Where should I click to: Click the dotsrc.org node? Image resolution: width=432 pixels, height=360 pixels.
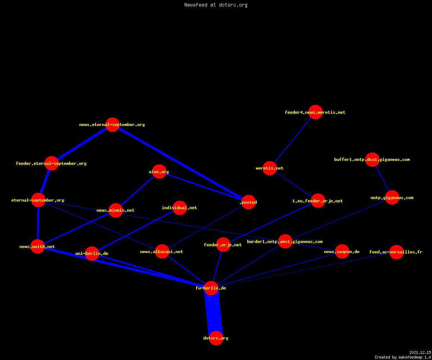click(216, 338)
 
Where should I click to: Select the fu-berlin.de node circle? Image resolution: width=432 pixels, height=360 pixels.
click(211, 288)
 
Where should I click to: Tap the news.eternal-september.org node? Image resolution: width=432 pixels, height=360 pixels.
click(112, 125)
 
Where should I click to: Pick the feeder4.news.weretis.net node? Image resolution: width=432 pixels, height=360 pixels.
click(315, 112)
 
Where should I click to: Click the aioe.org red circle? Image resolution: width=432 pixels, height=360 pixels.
click(159, 171)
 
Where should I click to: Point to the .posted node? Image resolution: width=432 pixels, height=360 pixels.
click(248, 202)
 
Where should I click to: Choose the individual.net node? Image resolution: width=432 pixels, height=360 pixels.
click(180, 208)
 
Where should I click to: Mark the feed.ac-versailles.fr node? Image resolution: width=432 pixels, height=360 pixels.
click(396, 252)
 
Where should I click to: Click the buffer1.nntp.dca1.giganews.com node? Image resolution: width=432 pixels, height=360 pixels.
click(372, 159)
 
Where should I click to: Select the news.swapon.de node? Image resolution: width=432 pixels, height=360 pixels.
click(342, 251)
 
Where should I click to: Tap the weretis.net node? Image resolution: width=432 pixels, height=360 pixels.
click(270, 168)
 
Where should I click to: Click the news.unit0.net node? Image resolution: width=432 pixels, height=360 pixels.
click(38, 246)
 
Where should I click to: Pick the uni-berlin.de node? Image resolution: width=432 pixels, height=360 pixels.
click(92, 253)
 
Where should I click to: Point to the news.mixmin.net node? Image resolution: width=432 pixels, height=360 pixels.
click(116, 210)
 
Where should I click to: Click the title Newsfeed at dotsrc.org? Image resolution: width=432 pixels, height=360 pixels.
click(216, 5)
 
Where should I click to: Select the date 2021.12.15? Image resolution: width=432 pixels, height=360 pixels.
click(420, 352)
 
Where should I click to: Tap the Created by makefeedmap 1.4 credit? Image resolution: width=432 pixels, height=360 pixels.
click(403, 357)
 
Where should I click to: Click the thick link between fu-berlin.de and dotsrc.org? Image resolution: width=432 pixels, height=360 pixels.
click(213, 313)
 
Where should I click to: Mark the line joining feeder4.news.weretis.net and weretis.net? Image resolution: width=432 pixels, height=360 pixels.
click(293, 140)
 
